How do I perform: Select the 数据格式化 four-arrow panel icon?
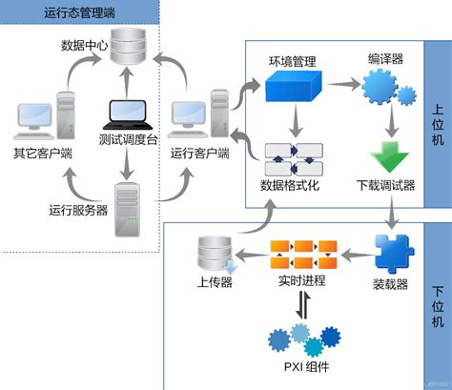coord(294,157)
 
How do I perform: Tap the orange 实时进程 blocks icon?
coord(302,255)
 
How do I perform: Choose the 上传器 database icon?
coord(209,253)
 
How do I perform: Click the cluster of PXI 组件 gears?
coord(302,338)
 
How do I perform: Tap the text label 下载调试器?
coord(386,185)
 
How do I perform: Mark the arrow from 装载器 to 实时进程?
coord(352,255)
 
